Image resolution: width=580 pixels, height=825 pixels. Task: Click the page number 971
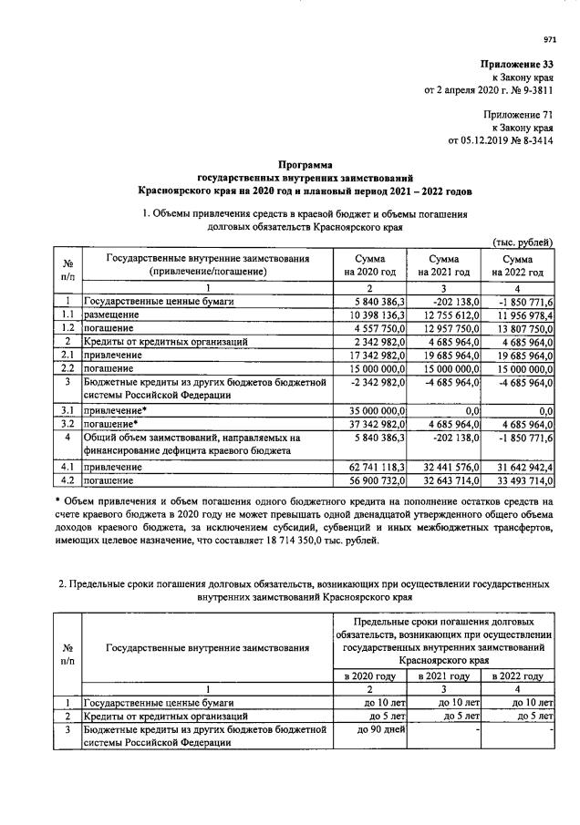[549, 39]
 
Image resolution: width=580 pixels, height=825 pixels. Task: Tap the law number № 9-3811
[530, 91]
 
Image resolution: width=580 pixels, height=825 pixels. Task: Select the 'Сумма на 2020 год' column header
[369, 265]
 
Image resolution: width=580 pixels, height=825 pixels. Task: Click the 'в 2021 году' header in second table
[443, 675]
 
